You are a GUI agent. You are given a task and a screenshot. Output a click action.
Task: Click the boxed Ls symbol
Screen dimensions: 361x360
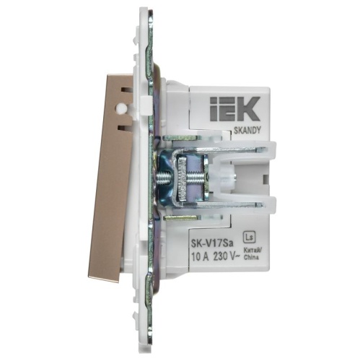point(250,235)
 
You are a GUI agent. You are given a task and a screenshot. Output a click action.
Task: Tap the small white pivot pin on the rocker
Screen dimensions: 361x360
point(121,108)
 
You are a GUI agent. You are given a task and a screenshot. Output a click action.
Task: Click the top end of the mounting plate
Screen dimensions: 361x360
point(146,14)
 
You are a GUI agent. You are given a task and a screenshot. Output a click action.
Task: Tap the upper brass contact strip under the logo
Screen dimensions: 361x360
point(176,135)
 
